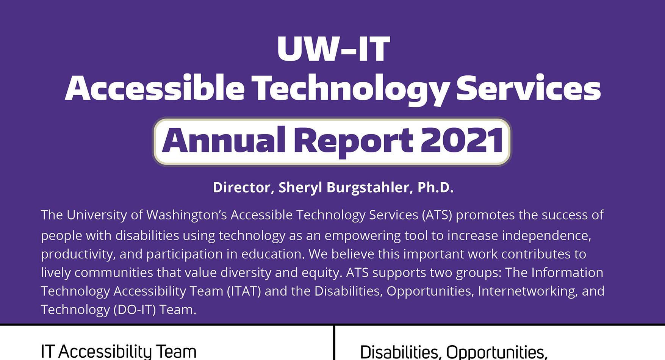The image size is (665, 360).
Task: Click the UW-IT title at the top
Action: pos(333,49)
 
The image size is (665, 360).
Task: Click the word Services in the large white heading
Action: pos(528,88)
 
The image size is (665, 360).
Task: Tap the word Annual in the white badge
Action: pos(223,141)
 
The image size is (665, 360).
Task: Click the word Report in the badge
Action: pos(353,141)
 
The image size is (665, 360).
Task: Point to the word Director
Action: pos(241,188)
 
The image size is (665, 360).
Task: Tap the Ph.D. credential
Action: pos(435,188)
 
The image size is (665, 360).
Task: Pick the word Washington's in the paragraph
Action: pos(186,215)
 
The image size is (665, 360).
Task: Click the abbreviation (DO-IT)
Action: pos(135,310)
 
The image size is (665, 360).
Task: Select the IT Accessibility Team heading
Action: pos(119,351)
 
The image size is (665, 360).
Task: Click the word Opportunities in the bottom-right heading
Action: pos(496,352)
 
